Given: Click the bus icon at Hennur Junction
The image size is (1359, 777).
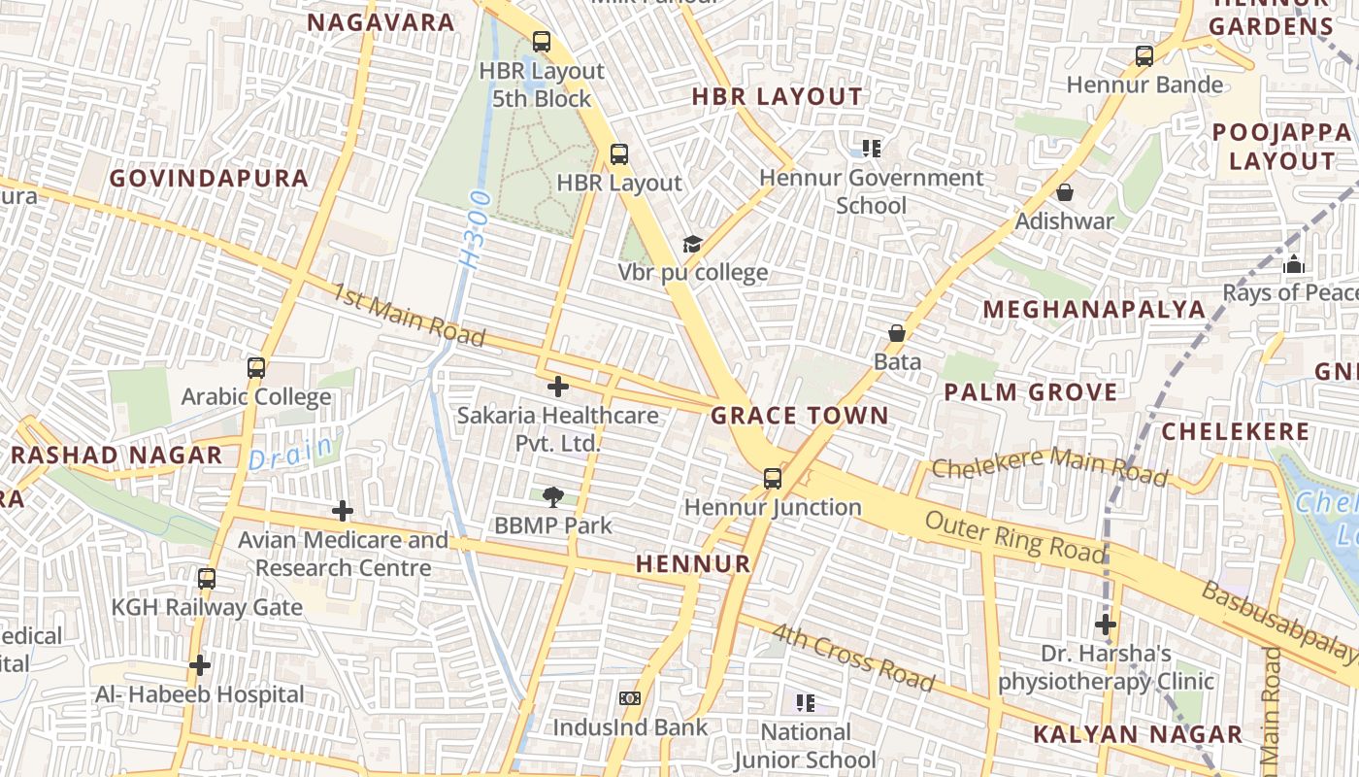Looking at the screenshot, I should [773, 478].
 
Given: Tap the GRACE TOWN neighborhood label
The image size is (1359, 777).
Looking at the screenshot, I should [799, 416].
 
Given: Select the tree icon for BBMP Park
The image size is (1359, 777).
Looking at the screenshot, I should [553, 497].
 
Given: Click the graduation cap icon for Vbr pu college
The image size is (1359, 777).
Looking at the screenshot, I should [692, 244].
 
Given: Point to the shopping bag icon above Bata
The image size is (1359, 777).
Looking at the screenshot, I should [897, 333].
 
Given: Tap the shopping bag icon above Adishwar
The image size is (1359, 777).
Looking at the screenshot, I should [1065, 192].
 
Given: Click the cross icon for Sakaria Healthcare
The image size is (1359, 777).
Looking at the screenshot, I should [557, 387].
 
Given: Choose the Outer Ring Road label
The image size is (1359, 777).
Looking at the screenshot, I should [1014, 537].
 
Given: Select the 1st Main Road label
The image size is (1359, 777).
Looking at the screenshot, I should [409, 315].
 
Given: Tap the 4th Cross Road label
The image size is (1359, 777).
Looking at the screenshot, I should [853, 658].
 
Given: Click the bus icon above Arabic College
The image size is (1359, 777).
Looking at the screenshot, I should [256, 368].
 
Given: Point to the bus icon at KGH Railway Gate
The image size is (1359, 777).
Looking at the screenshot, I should [207, 579].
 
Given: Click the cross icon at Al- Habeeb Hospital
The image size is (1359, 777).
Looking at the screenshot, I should [200, 665].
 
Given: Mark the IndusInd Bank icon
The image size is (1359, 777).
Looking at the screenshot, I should [630, 698].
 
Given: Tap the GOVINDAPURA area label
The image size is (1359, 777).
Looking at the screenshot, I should [209, 179].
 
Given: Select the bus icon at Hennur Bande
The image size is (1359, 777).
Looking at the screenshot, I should [1144, 56].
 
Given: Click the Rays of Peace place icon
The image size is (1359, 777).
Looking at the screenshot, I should [1293, 264].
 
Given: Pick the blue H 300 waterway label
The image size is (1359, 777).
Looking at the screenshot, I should [477, 230].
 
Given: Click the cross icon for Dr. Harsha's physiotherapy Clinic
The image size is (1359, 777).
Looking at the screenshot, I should [1105, 624].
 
